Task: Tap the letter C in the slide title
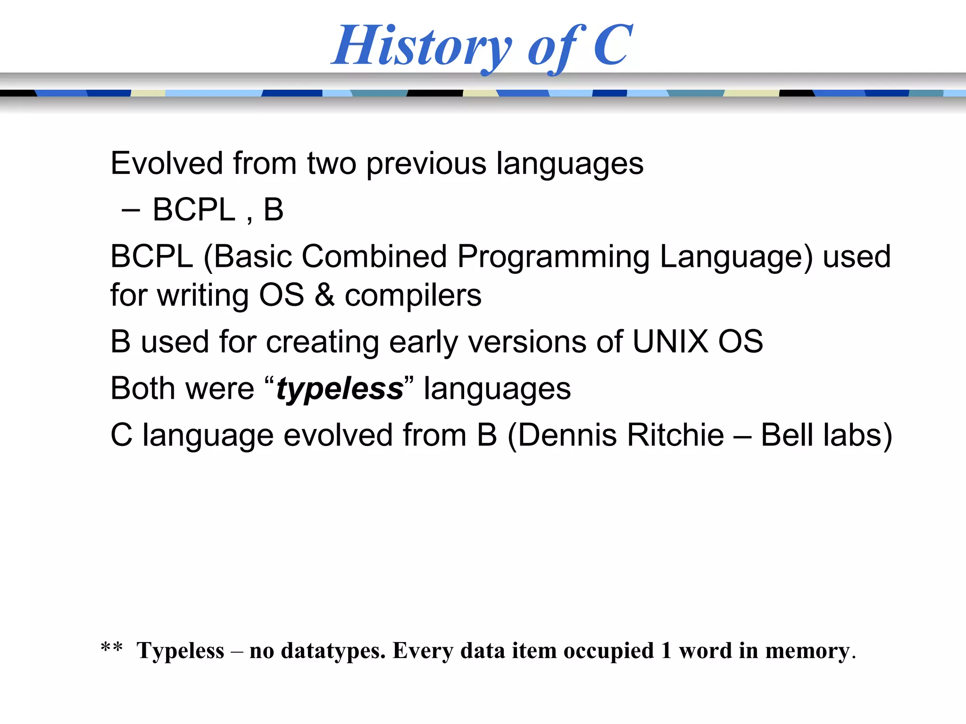612,45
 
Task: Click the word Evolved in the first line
167,164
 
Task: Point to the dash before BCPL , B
131,210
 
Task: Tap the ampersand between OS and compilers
325,296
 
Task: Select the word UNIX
670,342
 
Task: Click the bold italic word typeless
340,389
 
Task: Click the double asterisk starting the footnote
112,649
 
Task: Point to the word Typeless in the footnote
180,651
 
